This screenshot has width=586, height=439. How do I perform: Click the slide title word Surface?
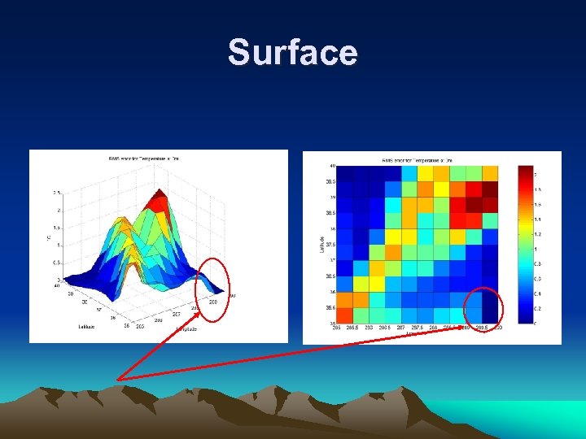(292, 53)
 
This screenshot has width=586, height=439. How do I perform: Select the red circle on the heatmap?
(486, 310)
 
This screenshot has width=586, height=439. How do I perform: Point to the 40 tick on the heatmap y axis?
(331, 166)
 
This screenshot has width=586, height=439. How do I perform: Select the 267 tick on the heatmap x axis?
(401, 328)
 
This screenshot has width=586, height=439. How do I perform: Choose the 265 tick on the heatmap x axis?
(336, 328)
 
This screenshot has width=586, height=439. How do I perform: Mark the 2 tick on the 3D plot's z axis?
(57, 210)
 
